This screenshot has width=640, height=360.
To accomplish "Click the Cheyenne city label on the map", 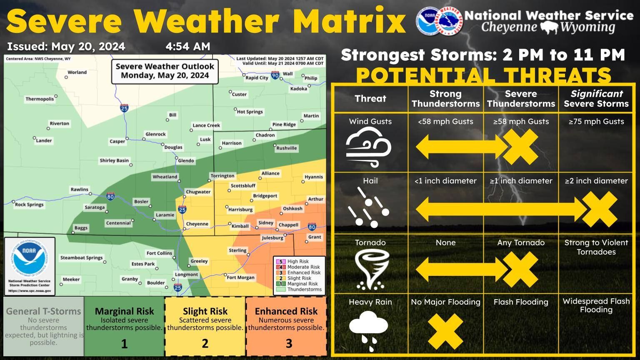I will point(197,224).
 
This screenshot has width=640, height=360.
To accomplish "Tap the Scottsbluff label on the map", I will point(243,185).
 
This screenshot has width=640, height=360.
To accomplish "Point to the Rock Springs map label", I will point(29,205).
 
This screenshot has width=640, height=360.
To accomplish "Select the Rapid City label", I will point(257,77).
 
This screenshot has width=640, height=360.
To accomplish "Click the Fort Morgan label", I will point(240,277).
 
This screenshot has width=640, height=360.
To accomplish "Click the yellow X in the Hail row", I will point(599,209).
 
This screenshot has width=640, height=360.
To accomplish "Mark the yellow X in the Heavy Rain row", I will point(445,331).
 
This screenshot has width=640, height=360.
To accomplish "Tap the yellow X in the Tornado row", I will point(520,269).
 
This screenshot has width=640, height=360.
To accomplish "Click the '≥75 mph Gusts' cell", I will point(596,122).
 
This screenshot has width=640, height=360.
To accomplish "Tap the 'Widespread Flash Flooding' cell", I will point(596,305).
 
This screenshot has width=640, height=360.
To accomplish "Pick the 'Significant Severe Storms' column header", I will point(596,99).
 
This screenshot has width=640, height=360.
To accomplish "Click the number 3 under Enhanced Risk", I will point(289,344).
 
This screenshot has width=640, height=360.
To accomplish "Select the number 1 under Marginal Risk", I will point(124,344).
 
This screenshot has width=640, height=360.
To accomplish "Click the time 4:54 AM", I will point(188,47).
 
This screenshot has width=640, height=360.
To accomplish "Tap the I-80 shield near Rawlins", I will point(110,196).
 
